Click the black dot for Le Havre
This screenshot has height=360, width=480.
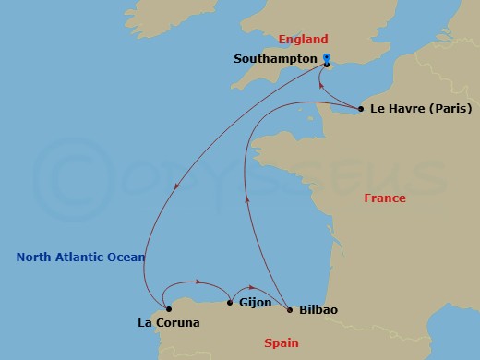pyautogui.click(x=360, y=109)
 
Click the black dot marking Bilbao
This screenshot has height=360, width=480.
pyautogui.click(x=290, y=309)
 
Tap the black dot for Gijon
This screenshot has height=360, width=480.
pyautogui.click(x=230, y=302)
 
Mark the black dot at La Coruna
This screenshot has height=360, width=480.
pyautogui.click(x=168, y=309)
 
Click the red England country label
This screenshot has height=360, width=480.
pyautogui.click(x=304, y=40)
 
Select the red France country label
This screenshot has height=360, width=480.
pyautogui.click(x=385, y=198)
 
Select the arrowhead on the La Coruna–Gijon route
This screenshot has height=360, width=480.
pyautogui.click(x=198, y=282)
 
